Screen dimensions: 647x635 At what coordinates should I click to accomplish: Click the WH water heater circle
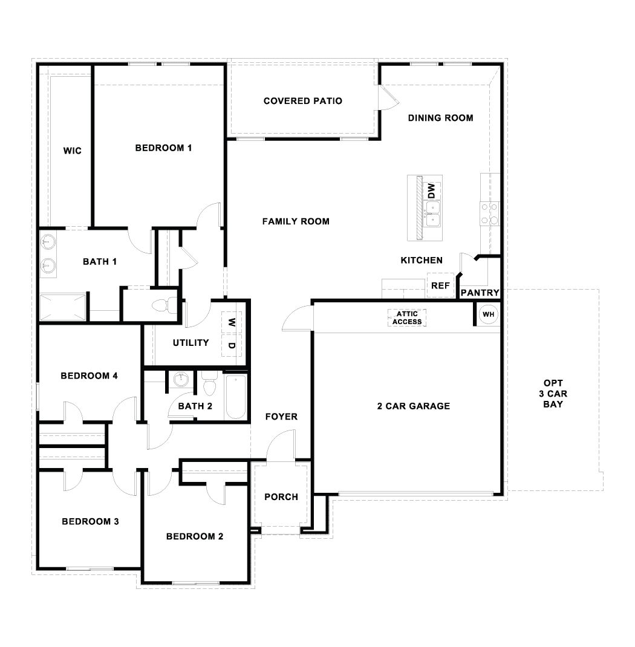(488, 314)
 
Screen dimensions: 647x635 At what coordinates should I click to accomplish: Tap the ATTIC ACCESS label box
(407, 318)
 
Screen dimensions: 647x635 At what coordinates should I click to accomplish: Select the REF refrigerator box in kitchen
(440, 285)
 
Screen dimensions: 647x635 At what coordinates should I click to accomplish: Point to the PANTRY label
(480, 293)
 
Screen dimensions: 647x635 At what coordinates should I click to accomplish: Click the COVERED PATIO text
(302, 101)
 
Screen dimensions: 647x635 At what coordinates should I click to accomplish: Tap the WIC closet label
(72, 151)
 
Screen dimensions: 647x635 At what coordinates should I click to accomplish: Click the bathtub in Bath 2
(235, 398)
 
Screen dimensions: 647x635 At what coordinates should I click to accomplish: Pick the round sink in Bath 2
(180, 381)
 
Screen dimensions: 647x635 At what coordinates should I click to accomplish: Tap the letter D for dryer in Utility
(231, 346)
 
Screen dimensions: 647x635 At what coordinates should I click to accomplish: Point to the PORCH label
(281, 497)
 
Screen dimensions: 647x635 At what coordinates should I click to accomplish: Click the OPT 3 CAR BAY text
(553, 394)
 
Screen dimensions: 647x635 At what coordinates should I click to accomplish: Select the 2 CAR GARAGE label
(413, 406)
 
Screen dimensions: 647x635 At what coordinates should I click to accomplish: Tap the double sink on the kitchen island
(432, 213)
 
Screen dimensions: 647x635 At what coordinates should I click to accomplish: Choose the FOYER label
(281, 417)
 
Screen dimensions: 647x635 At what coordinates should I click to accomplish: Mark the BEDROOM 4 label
(89, 376)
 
